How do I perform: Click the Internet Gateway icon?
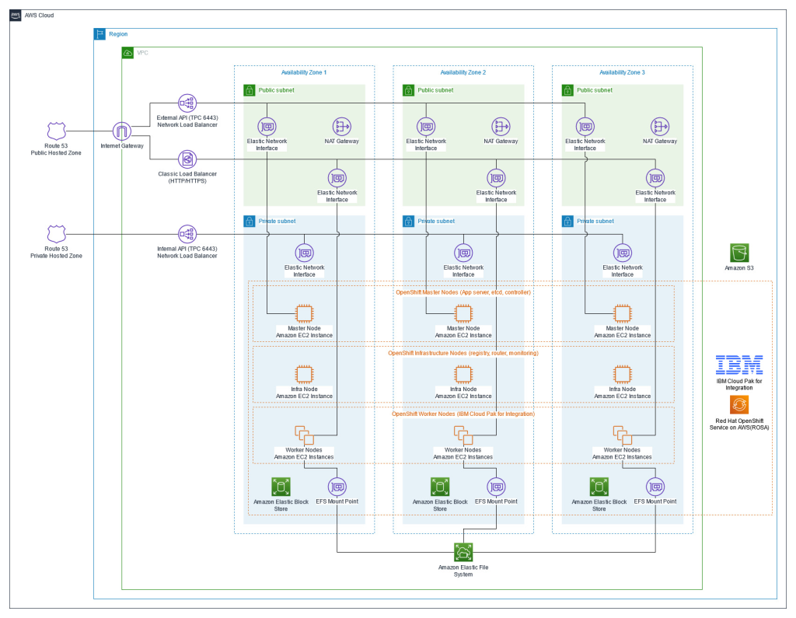click(x=122, y=131)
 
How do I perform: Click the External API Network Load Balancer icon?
click(x=187, y=103)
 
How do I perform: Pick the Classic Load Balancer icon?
click(x=187, y=159)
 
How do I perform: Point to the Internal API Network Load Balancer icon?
click(x=187, y=233)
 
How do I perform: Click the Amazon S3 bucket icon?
click(x=739, y=253)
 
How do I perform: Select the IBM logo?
click(x=739, y=365)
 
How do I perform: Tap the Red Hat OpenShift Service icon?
click(x=739, y=405)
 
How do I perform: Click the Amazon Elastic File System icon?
click(x=463, y=551)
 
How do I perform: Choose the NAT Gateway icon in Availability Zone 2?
click(x=501, y=126)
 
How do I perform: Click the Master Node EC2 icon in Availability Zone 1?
click(x=304, y=313)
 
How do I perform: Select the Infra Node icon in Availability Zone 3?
click(x=622, y=374)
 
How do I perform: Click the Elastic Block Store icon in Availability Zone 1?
click(x=281, y=487)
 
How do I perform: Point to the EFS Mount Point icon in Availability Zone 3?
click(x=655, y=487)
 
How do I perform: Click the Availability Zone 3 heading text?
click(x=622, y=72)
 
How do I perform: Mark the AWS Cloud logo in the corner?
click(x=16, y=16)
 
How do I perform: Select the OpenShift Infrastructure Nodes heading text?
click(x=463, y=353)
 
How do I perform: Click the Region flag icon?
click(x=99, y=34)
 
